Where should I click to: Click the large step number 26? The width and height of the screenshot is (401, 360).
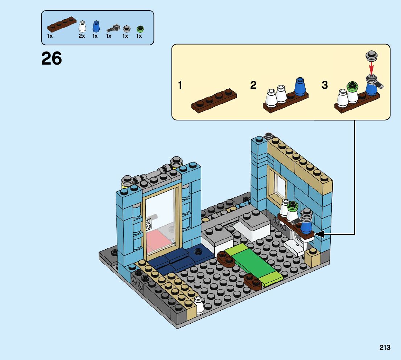pos(51,58)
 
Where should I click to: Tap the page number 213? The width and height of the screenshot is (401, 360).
pos(385,347)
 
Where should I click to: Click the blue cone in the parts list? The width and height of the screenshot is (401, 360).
pos(96,26)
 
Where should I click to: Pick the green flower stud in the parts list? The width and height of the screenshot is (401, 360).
pos(139,28)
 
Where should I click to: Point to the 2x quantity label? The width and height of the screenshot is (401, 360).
pos(82,36)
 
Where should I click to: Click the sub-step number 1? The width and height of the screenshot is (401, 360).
pos(180,86)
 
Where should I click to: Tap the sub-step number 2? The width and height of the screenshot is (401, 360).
pos(253,86)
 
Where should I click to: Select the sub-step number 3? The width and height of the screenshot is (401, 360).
pos(325,86)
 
